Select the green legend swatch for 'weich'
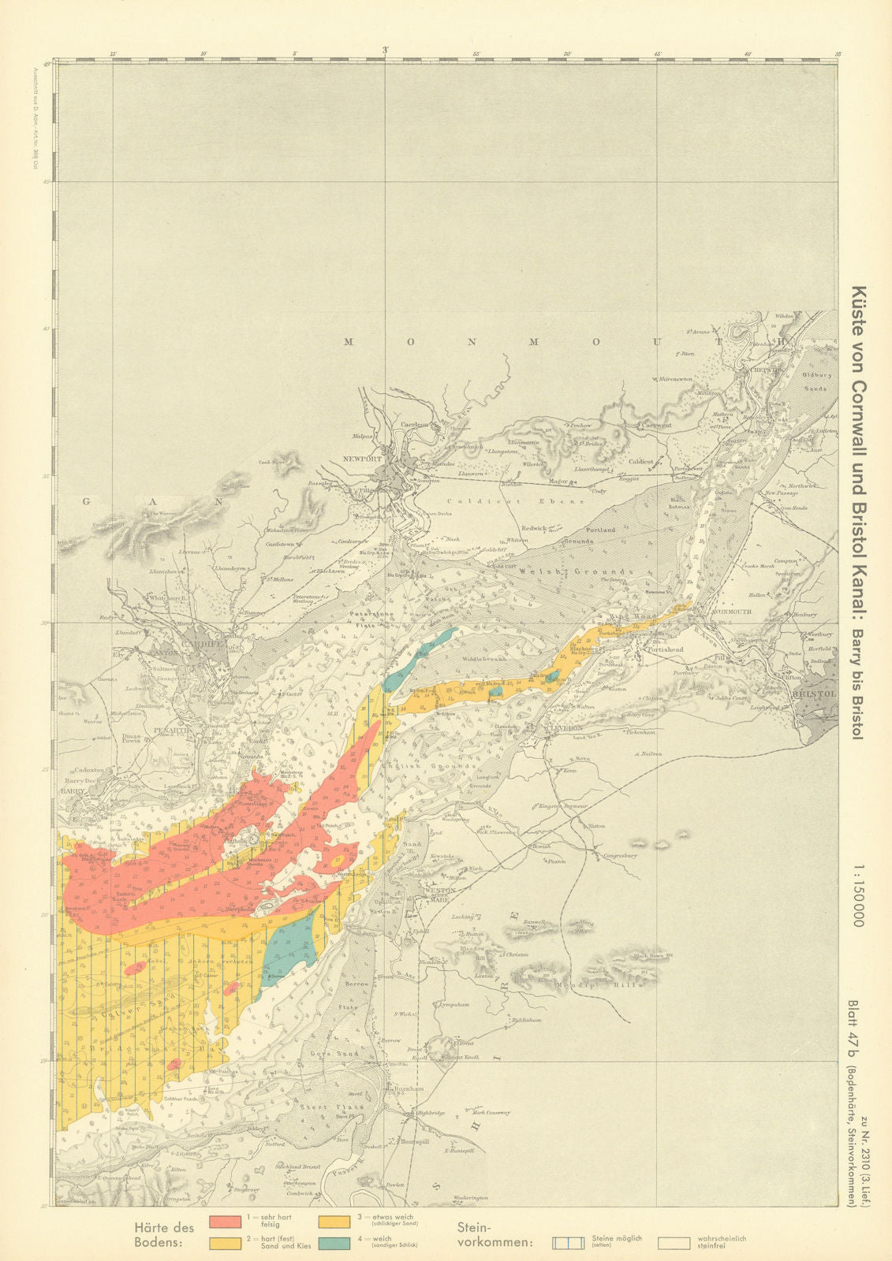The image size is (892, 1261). [x=335, y=1243]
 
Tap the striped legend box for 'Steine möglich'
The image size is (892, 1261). [x=567, y=1243]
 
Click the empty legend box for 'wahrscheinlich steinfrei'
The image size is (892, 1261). [x=674, y=1243]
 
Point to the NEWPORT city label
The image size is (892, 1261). [x=362, y=459]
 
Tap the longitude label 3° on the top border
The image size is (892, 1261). [x=384, y=50]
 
